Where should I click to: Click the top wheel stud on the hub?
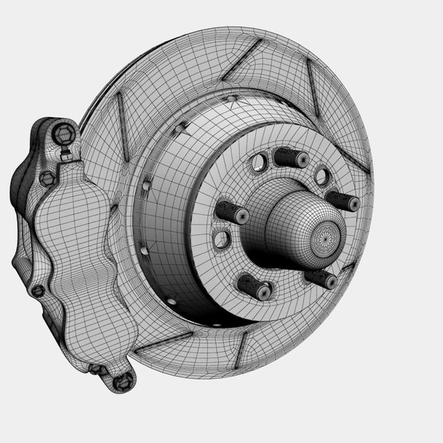tap(289, 158)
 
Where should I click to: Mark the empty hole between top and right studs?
tap(321, 176)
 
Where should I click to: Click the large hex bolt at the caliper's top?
tap(63, 134)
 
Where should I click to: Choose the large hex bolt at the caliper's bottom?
tap(124, 380)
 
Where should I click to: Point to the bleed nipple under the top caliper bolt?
tap(66, 156)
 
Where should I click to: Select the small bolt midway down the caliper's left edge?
tap(37, 290)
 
